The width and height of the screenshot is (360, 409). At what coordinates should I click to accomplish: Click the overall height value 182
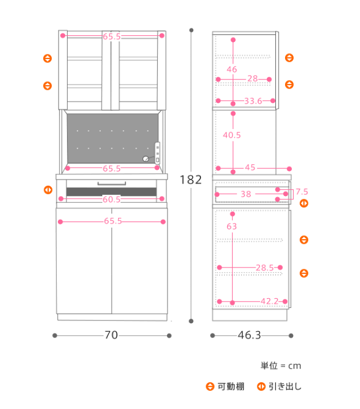pos(191,180)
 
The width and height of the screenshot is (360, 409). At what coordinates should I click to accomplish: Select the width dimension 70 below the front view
pos(111,335)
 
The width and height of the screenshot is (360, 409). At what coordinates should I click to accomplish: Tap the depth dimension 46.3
pos(249,335)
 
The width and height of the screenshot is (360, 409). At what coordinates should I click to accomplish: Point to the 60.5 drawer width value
pos(111,199)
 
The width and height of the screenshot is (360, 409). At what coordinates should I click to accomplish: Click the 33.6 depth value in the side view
pos(253,101)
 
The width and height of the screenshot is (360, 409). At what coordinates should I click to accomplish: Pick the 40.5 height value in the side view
pos(232,135)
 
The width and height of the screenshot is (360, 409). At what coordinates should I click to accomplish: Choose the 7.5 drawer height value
pos(302,192)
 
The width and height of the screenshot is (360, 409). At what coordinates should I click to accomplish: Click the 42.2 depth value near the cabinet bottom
pos(270,301)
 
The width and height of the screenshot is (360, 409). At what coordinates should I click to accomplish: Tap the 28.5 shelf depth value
pos(265,268)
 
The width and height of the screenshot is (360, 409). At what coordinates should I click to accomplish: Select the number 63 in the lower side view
pos(232,226)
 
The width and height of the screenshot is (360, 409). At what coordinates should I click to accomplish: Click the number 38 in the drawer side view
pos(246,194)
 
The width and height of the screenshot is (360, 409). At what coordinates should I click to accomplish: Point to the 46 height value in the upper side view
pos(232,69)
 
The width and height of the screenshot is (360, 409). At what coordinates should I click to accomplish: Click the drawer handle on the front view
pos(111,183)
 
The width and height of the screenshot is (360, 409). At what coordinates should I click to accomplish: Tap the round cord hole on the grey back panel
pos(146,158)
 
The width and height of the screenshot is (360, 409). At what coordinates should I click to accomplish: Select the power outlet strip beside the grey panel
pos(157,153)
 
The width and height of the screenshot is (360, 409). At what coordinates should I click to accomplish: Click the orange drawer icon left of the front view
pos(48,190)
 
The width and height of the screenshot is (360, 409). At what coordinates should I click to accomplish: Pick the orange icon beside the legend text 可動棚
pos(210,386)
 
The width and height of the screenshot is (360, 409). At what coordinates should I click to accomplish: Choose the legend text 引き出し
pos(285,386)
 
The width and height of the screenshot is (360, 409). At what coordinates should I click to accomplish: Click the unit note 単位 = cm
pos(281,366)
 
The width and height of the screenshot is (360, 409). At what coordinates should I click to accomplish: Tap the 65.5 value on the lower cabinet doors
pos(113,221)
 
